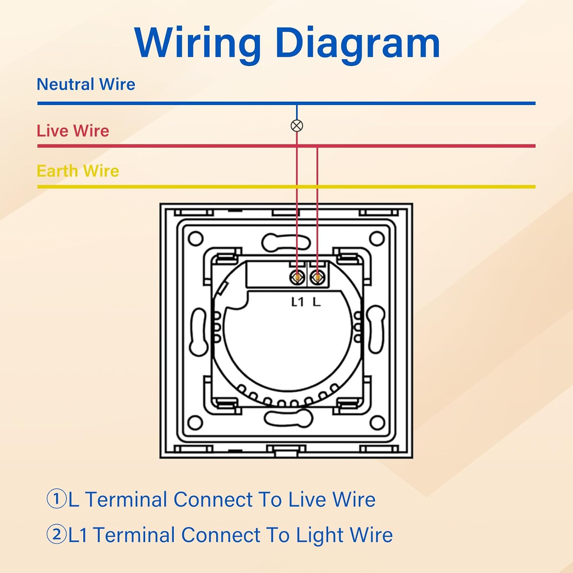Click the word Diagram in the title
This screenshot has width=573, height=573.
coord(358,44)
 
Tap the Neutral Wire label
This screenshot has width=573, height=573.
coord(86,84)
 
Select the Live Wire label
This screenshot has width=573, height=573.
coord(73,131)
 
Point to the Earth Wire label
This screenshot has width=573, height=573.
coord(78,171)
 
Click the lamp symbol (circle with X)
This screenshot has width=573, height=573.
coord(297,126)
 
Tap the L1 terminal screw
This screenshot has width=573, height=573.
coord(297,277)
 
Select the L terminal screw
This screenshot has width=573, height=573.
coord(317,277)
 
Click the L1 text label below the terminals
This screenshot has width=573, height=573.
coord(297,302)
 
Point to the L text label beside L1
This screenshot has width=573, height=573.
coord(316,302)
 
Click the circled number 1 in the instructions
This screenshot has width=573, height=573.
coord(57,499)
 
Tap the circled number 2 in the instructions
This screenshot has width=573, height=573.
coord(57,534)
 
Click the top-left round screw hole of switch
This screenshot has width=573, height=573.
coord(196,239)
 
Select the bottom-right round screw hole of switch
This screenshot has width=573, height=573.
coord(377,423)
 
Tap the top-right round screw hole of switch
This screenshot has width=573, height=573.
coord(377,239)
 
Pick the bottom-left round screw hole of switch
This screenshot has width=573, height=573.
coord(196,423)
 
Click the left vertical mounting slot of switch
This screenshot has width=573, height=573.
coord(199,332)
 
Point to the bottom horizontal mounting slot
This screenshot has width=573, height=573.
coord(288,418)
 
